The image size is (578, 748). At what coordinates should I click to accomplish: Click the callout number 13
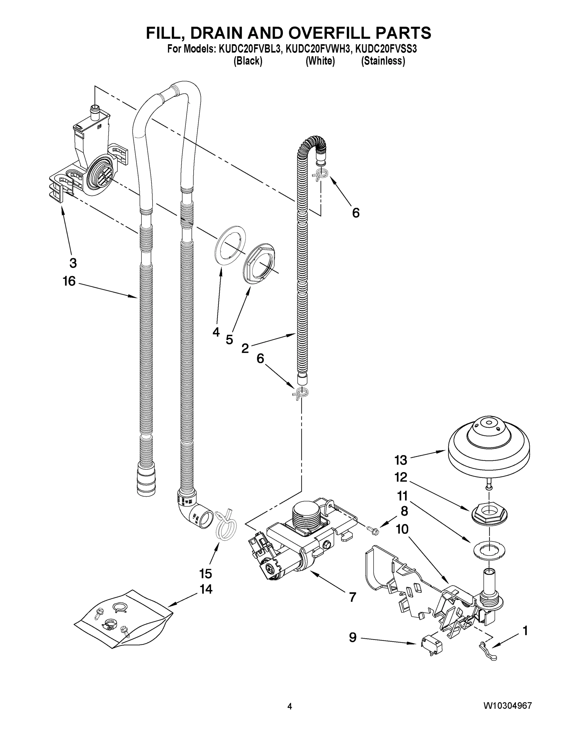(400, 460)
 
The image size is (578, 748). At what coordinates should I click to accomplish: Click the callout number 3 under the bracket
(73, 263)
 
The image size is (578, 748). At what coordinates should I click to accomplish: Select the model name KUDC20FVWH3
(318, 49)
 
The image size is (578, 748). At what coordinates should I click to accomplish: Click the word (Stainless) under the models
(383, 61)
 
